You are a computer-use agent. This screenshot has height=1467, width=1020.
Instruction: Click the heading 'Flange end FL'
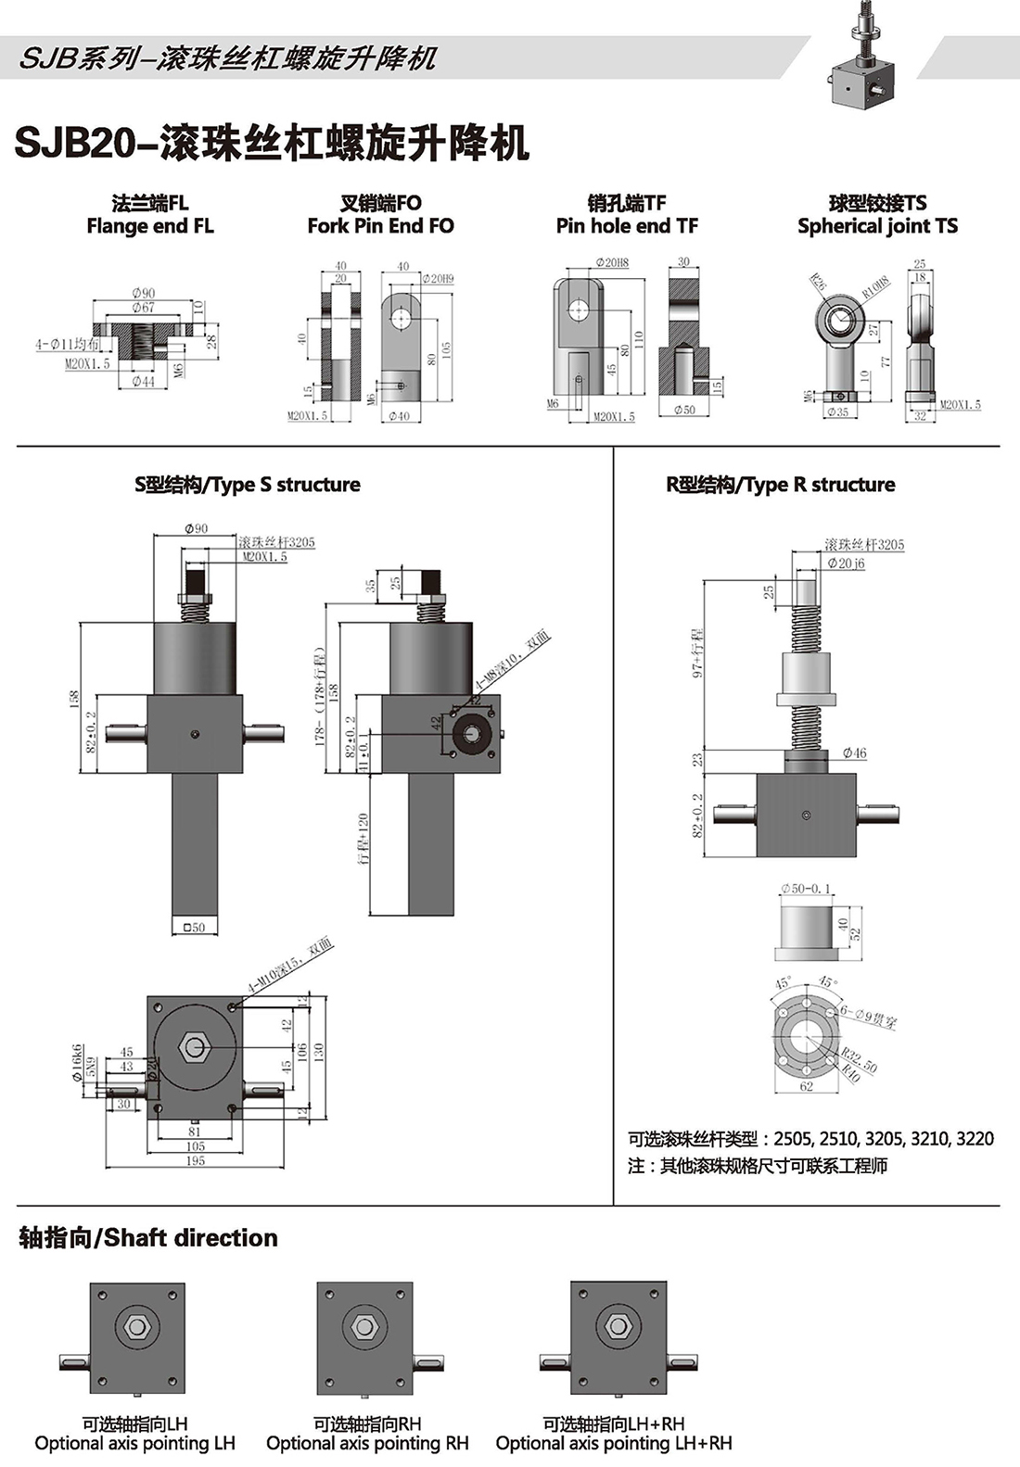coord(150,226)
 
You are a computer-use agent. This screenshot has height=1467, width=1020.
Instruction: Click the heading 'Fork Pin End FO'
coord(380,226)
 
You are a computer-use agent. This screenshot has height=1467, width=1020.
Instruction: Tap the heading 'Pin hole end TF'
coord(627,226)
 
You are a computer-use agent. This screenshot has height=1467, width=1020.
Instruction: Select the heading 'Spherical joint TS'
coord(877,226)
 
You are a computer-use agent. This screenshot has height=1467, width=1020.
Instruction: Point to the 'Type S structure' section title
coord(248,485)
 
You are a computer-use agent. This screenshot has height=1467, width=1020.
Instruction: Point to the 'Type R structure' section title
coord(781,485)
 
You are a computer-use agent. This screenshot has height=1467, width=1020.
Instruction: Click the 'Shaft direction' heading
coord(148,1238)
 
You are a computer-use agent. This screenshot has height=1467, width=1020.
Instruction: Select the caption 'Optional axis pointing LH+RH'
coord(614,1444)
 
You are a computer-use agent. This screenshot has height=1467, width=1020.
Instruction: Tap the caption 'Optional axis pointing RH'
coord(367,1444)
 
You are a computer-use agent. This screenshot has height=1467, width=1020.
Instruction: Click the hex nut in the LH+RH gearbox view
coord(618,1326)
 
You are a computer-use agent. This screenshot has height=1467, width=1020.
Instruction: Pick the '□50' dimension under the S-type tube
coord(195,927)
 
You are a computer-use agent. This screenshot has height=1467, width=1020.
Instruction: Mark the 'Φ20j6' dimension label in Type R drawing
coord(846,563)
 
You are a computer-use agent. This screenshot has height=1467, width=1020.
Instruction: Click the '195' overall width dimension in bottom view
coord(196,1161)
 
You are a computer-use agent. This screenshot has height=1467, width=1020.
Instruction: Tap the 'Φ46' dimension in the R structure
coord(855,753)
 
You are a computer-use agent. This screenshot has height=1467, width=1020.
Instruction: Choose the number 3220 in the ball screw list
coord(975,1139)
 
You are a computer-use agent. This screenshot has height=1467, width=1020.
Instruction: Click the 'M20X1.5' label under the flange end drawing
coord(87,365)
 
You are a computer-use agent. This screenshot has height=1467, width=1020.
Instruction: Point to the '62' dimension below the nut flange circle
coord(806,1087)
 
